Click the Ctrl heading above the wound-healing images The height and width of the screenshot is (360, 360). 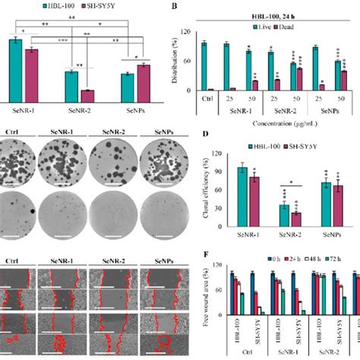(11, 260)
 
